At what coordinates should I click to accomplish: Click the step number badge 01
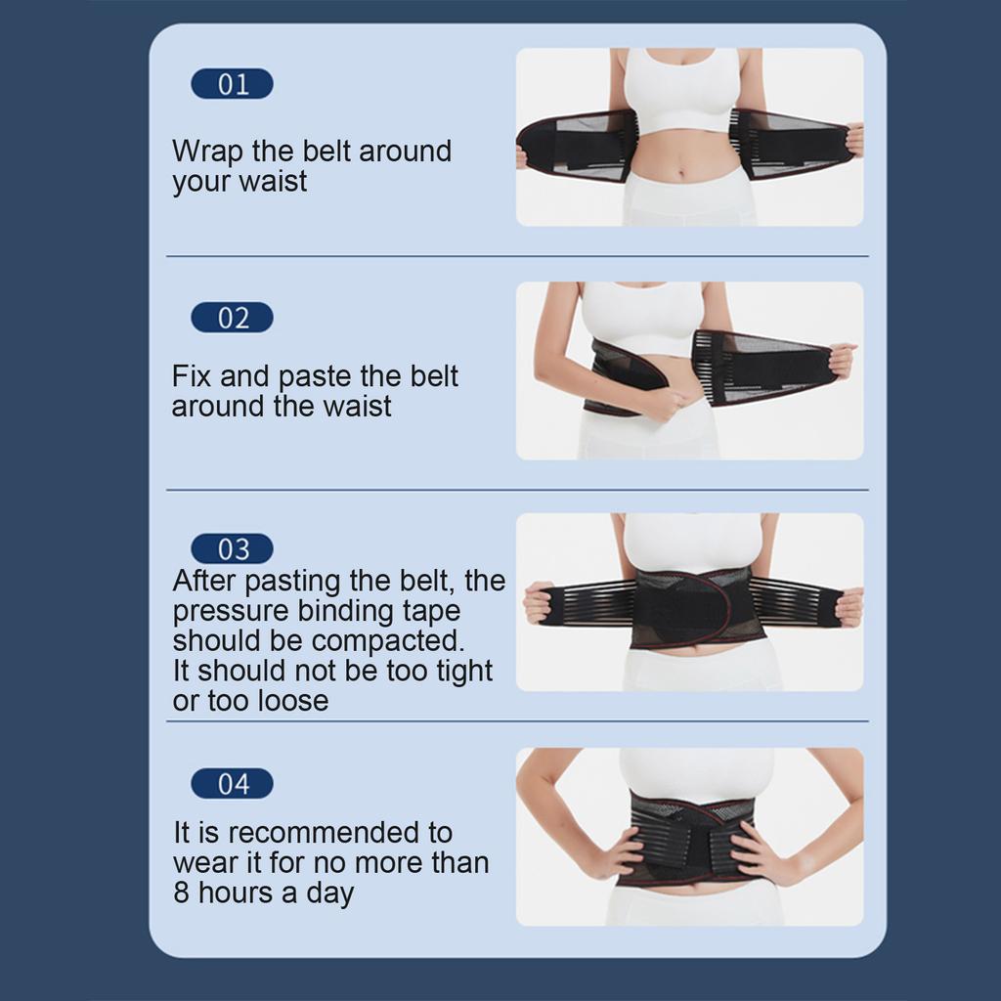232,84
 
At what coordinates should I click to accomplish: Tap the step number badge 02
232,318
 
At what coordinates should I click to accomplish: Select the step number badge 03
232,548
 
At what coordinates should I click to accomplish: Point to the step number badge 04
232,784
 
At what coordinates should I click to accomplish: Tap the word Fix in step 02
193,376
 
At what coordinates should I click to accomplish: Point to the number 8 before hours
183,892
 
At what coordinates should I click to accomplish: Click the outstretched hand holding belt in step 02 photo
840,360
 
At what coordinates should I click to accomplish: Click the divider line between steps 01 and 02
517,256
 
